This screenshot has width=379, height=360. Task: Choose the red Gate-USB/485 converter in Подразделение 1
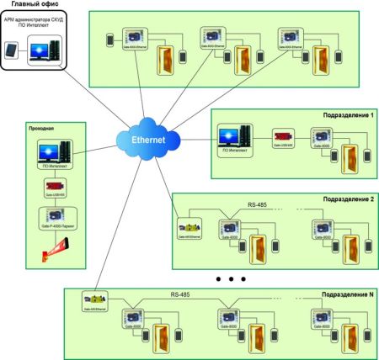(282, 135)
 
